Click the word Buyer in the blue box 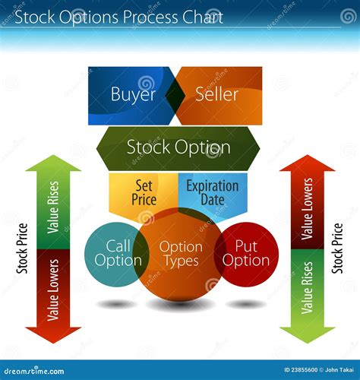[x=133, y=94]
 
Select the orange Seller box [x=217, y=94]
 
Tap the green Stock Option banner [x=178, y=147]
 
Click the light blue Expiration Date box [x=213, y=192]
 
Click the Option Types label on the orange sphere [x=181, y=254]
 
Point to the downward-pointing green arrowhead [x=307, y=331]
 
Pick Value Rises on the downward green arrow [x=307, y=287]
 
